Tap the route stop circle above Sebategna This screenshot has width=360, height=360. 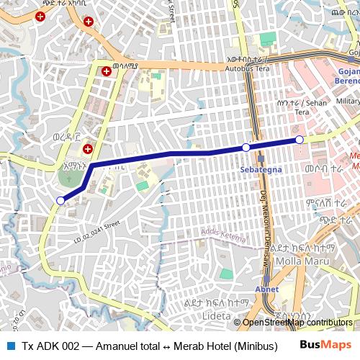coord(246,147)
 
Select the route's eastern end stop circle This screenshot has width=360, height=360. coord(300,139)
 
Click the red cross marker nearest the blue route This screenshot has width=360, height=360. coord(88,149)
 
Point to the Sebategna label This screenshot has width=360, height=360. coord(257,170)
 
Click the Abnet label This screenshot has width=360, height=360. coord(266,289)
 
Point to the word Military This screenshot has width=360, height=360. coord(348,102)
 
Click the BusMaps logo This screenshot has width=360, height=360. coord(326,345)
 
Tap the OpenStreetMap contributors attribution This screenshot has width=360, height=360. coord(298,323)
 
